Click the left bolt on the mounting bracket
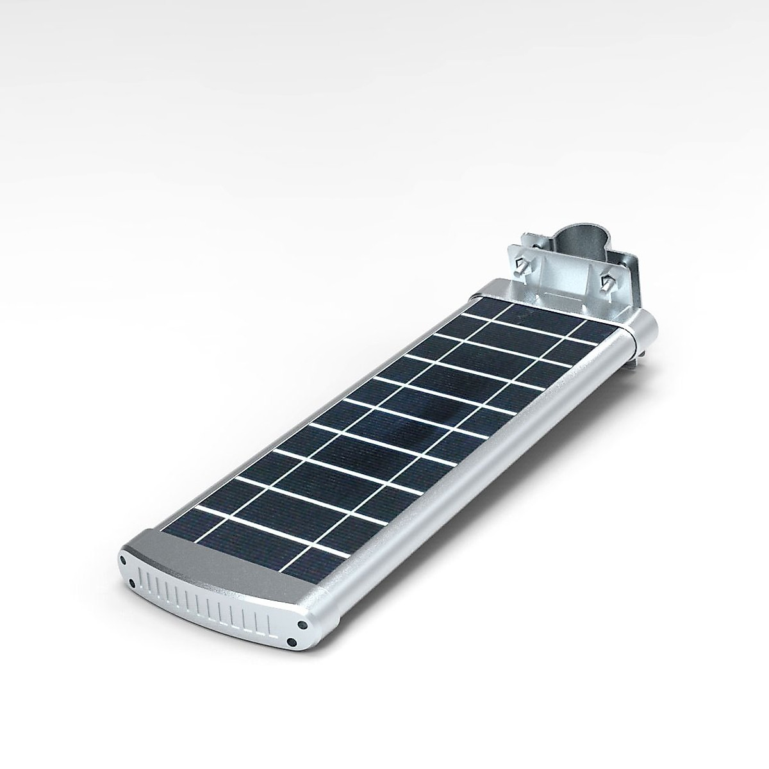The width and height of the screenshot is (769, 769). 522,263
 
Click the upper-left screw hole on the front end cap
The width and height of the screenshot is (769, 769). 122,559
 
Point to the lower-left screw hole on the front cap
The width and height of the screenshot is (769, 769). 131,583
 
